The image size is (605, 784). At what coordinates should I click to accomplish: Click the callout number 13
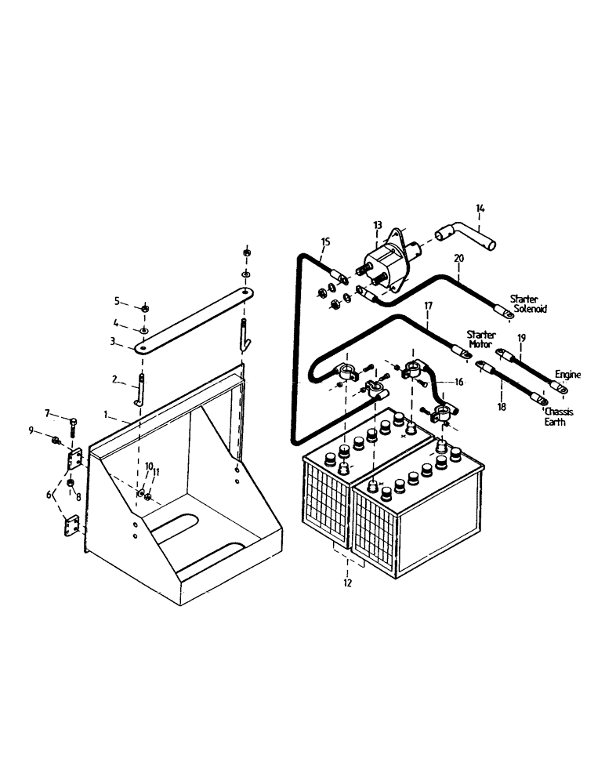378,225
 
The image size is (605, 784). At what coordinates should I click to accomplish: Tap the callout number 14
481,209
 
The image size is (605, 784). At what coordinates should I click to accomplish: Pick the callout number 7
47,412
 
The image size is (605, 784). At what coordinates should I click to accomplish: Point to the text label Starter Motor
481,339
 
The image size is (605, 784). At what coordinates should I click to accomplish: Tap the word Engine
568,375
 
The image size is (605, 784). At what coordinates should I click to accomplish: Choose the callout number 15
326,241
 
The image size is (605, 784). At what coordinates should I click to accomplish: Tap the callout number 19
521,337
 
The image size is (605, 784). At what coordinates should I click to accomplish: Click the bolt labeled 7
72,425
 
